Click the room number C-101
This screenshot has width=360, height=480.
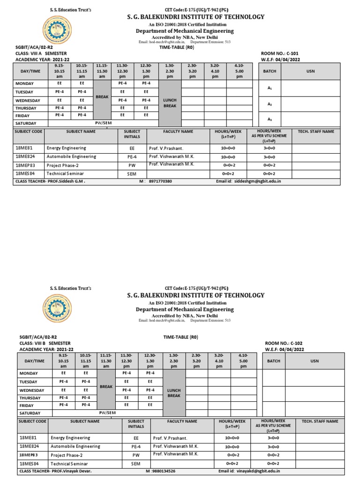(x=279, y=53)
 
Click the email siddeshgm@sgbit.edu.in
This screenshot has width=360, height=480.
(x=258, y=181)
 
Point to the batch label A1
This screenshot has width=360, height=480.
(x=270, y=88)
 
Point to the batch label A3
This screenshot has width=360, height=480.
(x=270, y=120)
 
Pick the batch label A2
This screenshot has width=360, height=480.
(x=270, y=104)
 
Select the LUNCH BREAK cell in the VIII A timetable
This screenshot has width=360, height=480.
(x=169, y=103)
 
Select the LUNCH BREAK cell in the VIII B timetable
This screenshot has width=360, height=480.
(x=174, y=393)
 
